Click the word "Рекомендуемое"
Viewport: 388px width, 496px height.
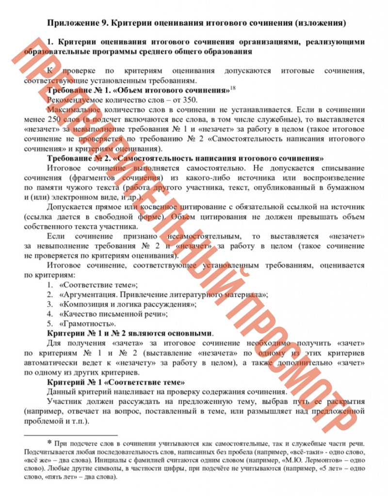click(75, 100)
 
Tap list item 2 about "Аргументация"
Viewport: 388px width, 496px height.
click(163, 294)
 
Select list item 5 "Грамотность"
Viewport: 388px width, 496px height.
click(87, 324)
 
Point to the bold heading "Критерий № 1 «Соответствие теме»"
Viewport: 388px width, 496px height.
click(116, 382)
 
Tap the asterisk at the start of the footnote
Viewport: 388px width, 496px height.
click(49, 443)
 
